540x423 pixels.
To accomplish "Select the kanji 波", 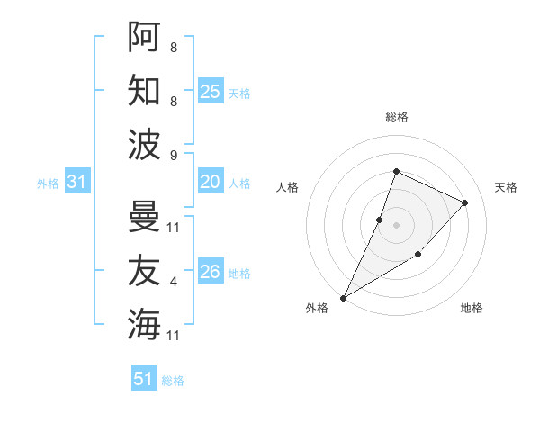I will tap(144, 144).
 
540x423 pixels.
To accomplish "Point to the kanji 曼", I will tap(144, 217).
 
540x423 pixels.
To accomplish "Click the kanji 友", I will tap(144, 271).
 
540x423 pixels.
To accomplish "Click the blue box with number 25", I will tap(210, 92).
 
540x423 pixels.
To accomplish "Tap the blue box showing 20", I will tap(210, 183).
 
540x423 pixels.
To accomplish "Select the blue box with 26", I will tap(210, 272).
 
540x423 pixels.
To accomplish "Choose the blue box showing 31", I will tap(77, 183).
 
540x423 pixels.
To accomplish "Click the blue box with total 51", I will tap(144, 379).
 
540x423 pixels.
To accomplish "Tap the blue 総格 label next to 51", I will tap(173, 381).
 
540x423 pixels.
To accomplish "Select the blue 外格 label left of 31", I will tap(48, 184).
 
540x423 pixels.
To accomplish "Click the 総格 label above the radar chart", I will tap(396, 117).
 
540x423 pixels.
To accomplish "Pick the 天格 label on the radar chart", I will tap(506, 187).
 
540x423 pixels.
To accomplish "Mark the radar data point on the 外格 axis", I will tap(343, 297).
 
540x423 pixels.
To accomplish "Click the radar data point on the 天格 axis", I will tap(465, 202).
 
